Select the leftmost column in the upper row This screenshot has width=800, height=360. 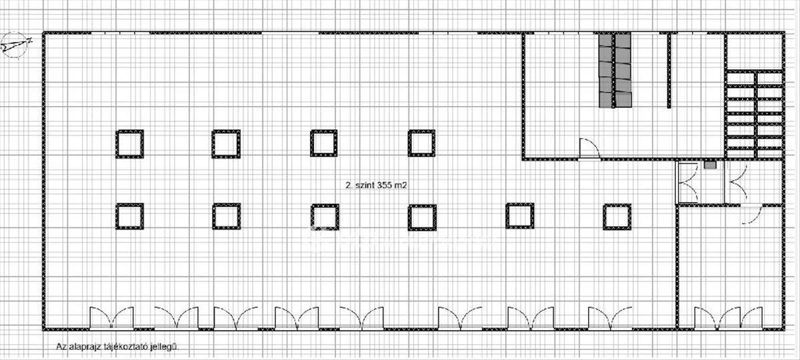click(129, 143)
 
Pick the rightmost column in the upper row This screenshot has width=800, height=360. click(422, 143)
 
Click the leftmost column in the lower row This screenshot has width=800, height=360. click(129, 216)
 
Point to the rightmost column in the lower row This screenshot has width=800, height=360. click(617, 216)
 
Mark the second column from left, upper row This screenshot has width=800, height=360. click(226, 143)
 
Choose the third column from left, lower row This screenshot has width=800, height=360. click(325, 216)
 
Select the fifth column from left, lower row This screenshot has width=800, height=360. click(519, 216)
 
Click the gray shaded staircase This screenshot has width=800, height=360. click(615, 70)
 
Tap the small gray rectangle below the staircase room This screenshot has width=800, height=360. click(710, 164)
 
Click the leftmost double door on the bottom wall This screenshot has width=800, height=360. click(111, 317)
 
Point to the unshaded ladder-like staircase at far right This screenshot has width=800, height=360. click(754, 113)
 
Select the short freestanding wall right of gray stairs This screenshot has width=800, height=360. click(668, 70)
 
